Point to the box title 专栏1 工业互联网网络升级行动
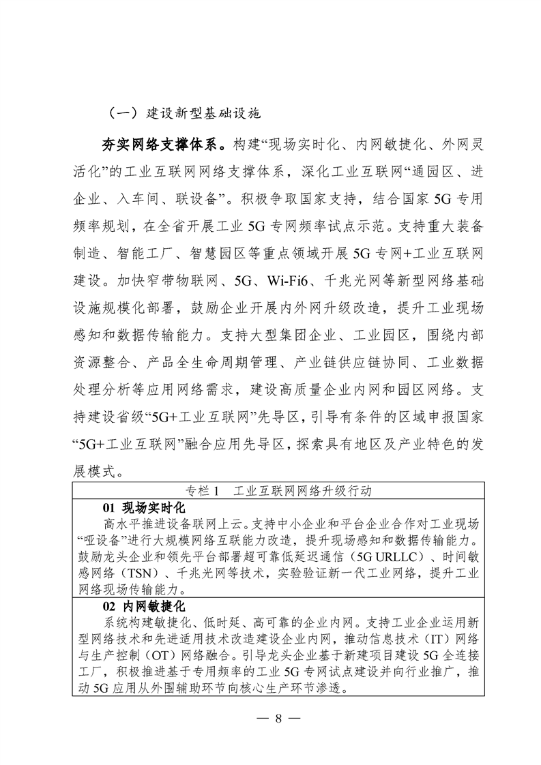[x=277, y=491]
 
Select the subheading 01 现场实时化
[x=144, y=508]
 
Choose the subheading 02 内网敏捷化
[x=144, y=606]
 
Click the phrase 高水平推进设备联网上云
[x=175, y=524]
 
